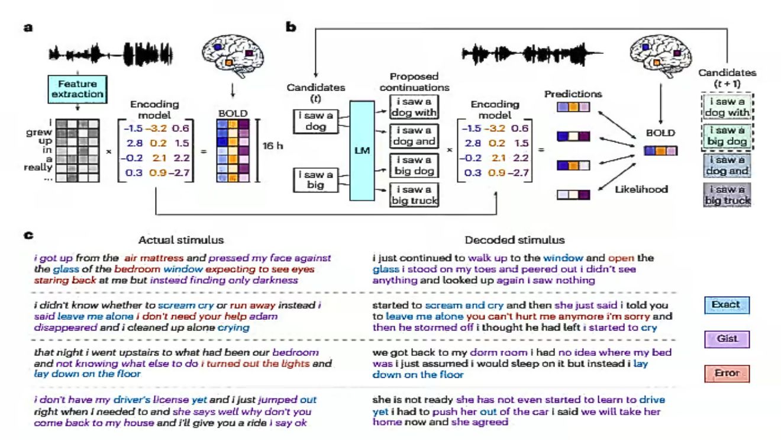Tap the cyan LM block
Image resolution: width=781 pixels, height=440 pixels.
coord(363,152)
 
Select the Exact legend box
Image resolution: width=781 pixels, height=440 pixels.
coord(726,305)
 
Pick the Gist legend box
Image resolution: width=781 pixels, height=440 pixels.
coord(726,339)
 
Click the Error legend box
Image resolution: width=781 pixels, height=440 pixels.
coord(726,374)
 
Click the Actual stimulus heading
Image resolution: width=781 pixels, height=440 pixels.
coord(181,240)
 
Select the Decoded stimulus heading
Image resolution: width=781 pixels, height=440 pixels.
coord(514,240)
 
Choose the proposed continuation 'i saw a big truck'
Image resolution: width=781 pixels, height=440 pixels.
coord(414,195)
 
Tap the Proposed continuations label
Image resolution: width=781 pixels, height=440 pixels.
coord(414,81)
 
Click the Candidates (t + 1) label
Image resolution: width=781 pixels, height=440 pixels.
coord(727,78)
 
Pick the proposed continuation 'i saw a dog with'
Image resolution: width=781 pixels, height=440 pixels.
coord(414,107)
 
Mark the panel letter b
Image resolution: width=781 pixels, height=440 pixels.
coord(291,27)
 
